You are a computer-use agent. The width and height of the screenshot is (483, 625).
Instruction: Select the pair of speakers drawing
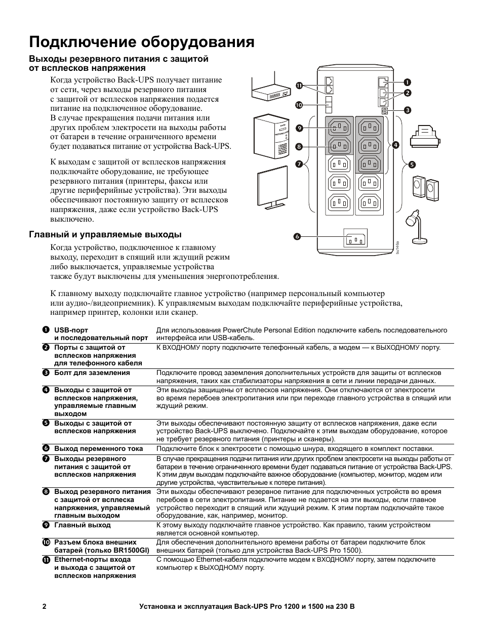point(425,187)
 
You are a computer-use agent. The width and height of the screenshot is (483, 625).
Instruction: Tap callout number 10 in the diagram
point(299,105)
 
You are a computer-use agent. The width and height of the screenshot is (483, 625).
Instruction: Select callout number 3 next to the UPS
point(407,110)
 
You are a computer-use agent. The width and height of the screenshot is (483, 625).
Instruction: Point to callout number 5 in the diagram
point(412,164)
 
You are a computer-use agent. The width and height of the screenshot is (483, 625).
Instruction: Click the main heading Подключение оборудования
point(142,41)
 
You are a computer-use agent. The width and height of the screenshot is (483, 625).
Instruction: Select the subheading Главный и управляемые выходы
point(105,235)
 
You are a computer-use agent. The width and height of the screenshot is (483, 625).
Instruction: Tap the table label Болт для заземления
point(92,373)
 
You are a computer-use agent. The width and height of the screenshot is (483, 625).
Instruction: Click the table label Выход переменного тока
point(99,449)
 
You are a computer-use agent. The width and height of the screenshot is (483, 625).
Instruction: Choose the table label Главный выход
point(82,525)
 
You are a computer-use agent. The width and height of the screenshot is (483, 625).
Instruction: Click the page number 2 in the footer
point(45,606)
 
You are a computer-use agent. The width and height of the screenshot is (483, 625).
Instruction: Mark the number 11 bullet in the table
point(46,560)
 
